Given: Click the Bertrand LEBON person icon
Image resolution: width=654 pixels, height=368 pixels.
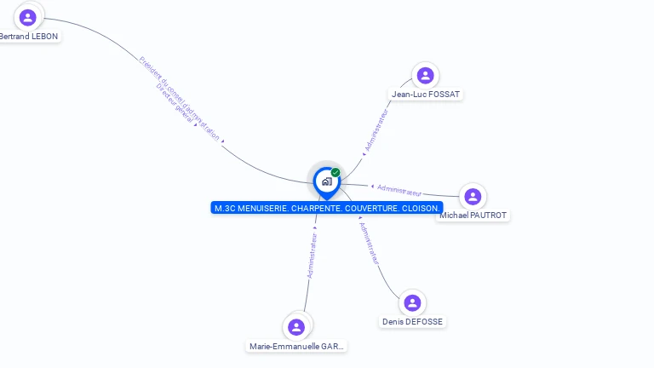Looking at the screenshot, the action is pos(28,17).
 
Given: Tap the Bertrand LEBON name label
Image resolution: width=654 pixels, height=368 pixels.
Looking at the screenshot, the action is pos(29,37).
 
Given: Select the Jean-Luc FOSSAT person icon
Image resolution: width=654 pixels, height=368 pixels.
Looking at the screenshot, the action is pos(425,75).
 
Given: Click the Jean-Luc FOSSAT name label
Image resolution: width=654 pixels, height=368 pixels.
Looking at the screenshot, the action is pos(426,94).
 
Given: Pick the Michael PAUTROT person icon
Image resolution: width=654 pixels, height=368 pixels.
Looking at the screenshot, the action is pos(473,197).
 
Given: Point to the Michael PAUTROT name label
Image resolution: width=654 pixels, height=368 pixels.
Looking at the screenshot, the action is pos(473,216).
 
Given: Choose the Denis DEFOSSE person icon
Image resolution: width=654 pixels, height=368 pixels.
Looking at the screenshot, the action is pos(412,303).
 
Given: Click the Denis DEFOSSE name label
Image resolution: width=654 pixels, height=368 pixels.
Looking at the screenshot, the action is pos(412,322).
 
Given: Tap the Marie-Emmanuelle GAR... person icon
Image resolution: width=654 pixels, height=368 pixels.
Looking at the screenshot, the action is pos(296,327).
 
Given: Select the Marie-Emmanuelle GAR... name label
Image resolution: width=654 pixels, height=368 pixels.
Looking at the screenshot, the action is pos(297,347).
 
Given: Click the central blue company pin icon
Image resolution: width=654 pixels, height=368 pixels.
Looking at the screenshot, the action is pos(326,181).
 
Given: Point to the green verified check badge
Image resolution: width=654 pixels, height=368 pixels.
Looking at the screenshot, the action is pos(336,172).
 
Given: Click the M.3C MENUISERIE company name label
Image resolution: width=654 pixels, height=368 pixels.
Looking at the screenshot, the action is pos(327,208).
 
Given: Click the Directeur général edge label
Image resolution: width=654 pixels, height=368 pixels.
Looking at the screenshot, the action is pos(175,107).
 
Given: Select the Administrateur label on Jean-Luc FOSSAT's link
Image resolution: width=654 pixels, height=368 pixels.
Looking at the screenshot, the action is pos(376,130).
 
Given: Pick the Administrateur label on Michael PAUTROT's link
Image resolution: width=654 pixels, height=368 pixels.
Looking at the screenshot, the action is pos(399,189).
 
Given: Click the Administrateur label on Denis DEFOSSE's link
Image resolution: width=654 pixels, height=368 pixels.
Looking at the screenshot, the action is pos(369,244).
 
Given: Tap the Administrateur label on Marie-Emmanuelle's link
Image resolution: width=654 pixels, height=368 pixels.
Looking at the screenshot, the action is pos(312,256).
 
